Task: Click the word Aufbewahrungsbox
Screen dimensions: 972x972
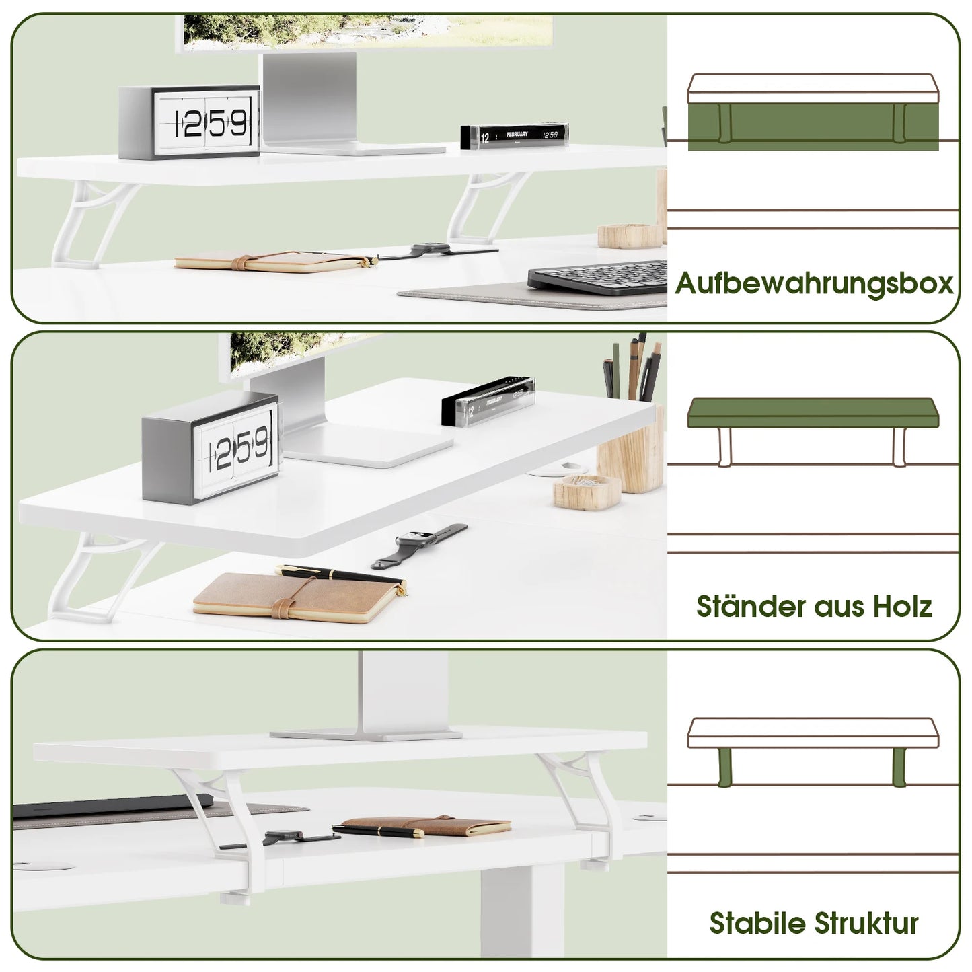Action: click(814, 283)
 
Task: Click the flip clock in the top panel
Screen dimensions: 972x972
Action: click(190, 123)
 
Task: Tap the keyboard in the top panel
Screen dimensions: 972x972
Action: click(597, 278)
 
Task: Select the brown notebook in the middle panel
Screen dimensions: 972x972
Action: click(296, 599)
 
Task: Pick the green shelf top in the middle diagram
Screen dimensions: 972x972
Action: click(813, 412)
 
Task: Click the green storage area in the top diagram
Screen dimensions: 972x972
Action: click(813, 126)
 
